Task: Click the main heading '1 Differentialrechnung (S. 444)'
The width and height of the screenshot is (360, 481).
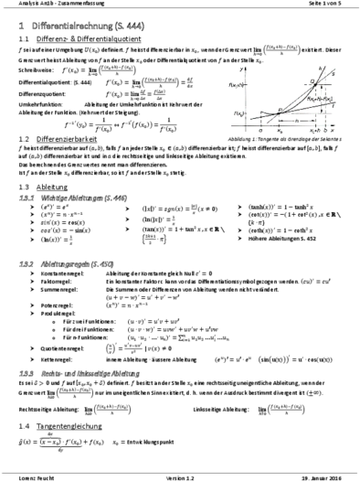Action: click(x=82, y=27)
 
